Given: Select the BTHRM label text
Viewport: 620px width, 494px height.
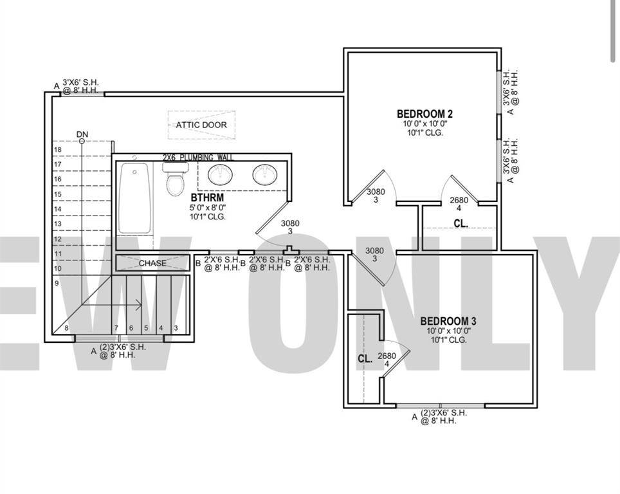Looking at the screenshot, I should pyautogui.click(x=207, y=197).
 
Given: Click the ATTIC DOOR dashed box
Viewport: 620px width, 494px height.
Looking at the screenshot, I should pyautogui.click(x=201, y=125).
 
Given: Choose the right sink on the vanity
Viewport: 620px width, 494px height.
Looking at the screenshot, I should pyautogui.click(x=264, y=174).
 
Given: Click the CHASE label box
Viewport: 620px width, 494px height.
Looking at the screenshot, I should pyautogui.click(x=152, y=263).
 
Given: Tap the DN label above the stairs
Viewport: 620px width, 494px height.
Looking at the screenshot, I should pyautogui.click(x=82, y=134).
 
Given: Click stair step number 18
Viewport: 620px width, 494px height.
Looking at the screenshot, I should pyautogui.click(x=57, y=150).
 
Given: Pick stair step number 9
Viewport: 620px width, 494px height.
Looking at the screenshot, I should pyautogui.click(x=57, y=283).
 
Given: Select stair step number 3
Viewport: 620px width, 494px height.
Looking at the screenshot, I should pyautogui.click(x=176, y=328).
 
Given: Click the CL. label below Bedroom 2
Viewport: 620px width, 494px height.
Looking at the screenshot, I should pyautogui.click(x=460, y=224).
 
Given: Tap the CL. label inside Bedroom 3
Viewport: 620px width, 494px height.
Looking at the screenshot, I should pyautogui.click(x=365, y=360).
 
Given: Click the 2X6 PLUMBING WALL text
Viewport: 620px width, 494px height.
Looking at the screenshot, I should pyautogui.click(x=197, y=158).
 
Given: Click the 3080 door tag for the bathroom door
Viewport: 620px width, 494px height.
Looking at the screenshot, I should pyautogui.click(x=290, y=227).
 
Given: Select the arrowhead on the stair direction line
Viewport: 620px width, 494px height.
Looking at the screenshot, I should pyautogui.click(x=140, y=306).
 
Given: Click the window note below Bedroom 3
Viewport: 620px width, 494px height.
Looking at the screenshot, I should pyautogui.click(x=439, y=417).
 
